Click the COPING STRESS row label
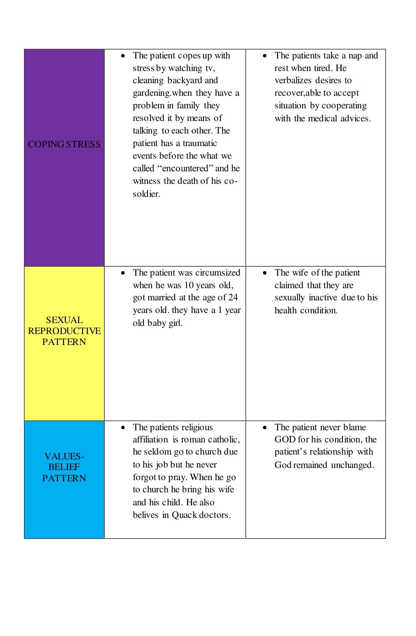(x=64, y=144)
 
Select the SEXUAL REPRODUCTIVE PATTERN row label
(x=64, y=331)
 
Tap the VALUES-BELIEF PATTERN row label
(x=64, y=467)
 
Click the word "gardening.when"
(x=162, y=93)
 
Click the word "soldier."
(x=146, y=194)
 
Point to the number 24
(x=233, y=298)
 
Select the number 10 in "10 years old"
(x=189, y=285)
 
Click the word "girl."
(x=175, y=323)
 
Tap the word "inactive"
(x=323, y=298)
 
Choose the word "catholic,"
(x=224, y=440)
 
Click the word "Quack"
(x=184, y=515)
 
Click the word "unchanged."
(x=352, y=465)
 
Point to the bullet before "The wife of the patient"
(x=265, y=273)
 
